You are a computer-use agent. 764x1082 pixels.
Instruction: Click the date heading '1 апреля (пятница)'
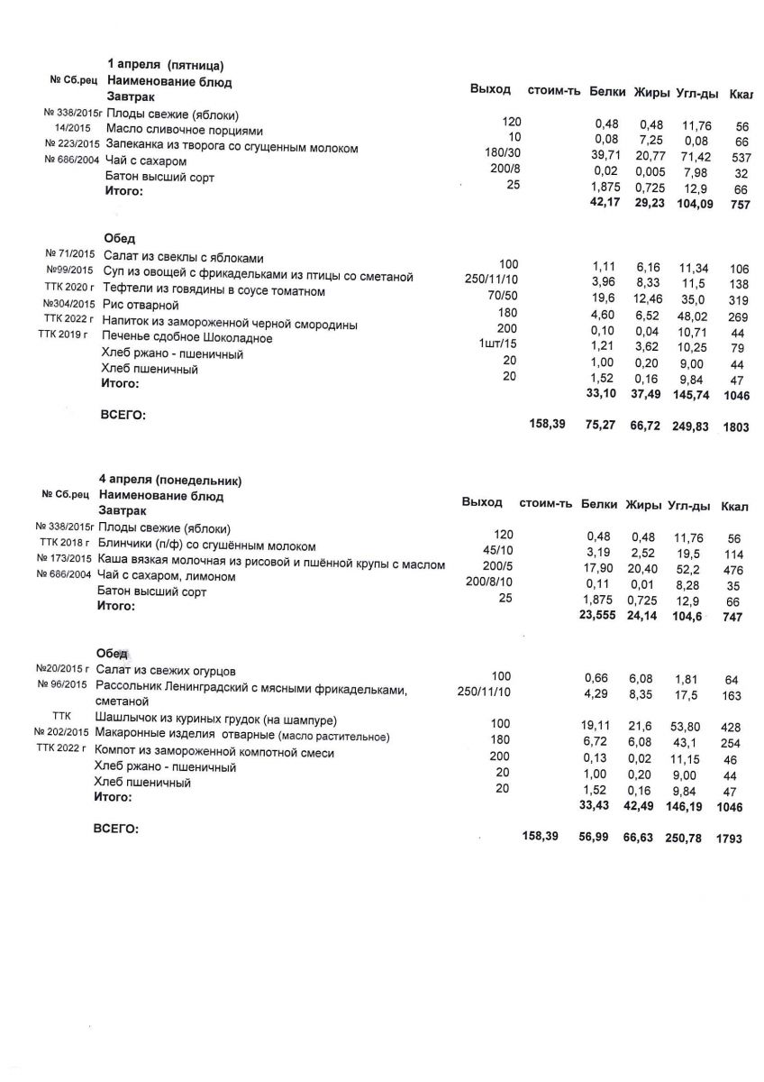click(x=165, y=65)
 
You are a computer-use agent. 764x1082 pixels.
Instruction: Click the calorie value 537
click(x=741, y=160)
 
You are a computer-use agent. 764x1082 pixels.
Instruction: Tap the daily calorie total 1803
click(x=735, y=427)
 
